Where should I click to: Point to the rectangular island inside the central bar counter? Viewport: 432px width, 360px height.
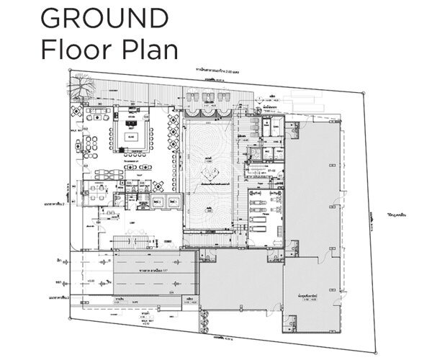coord(130,134)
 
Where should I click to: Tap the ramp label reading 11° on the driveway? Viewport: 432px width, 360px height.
coord(155,272)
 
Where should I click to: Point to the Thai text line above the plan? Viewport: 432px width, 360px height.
coord(224,72)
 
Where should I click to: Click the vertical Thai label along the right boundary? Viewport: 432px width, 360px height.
coord(372,216)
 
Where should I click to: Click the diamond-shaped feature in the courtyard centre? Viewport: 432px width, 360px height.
coord(210,173)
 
